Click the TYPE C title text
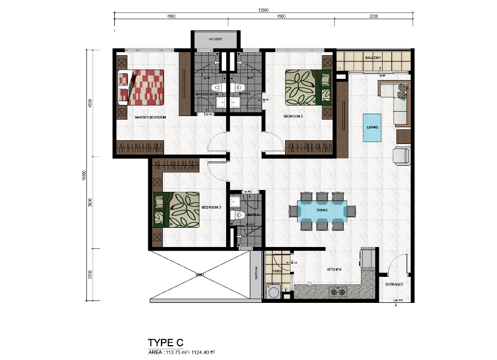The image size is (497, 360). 166,342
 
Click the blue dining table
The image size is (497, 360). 322,211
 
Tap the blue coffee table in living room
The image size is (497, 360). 373,127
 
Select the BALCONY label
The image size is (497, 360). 373,58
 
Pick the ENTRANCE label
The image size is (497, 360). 394,285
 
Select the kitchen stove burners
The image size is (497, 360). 340,290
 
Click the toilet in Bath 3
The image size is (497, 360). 239,215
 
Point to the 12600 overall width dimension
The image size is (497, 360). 265,10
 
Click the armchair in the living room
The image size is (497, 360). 401,156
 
